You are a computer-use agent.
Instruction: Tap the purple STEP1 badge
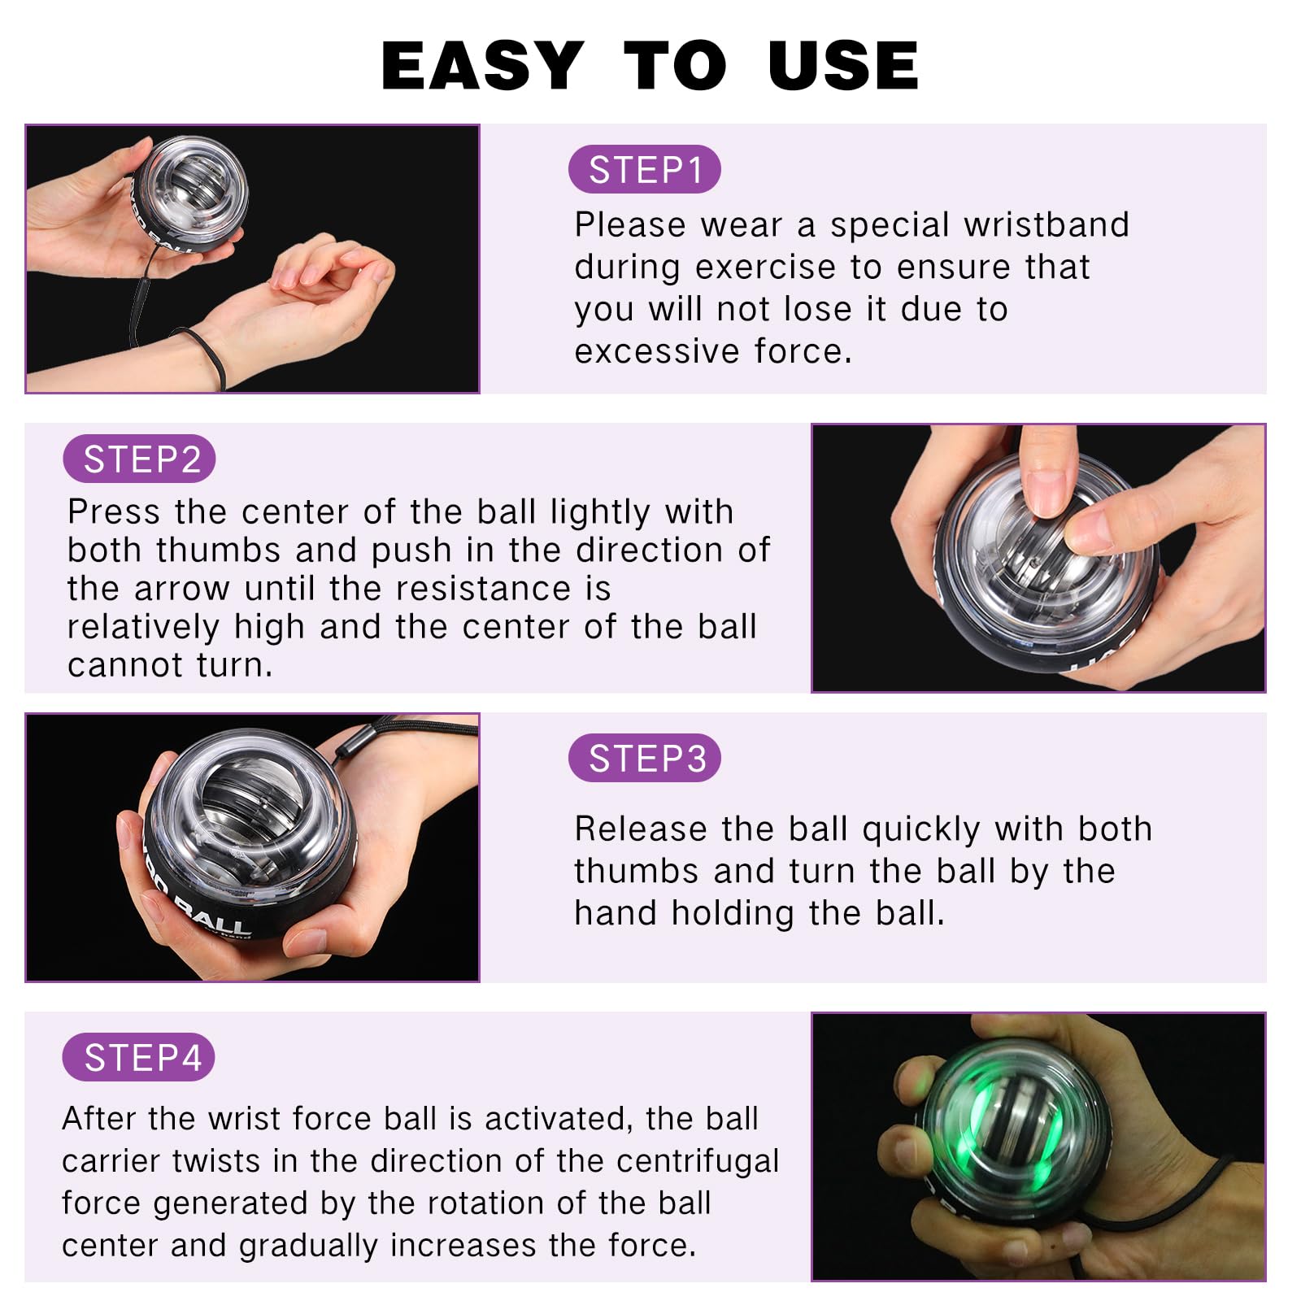tap(645, 170)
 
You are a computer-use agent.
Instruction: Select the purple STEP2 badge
tap(140, 459)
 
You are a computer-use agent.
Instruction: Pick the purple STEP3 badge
tap(645, 759)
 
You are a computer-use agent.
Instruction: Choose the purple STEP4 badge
tap(140, 1058)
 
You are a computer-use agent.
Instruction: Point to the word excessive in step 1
tap(657, 352)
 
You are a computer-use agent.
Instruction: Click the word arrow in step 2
tap(182, 589)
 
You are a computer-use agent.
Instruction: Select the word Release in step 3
tap(641, 829)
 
